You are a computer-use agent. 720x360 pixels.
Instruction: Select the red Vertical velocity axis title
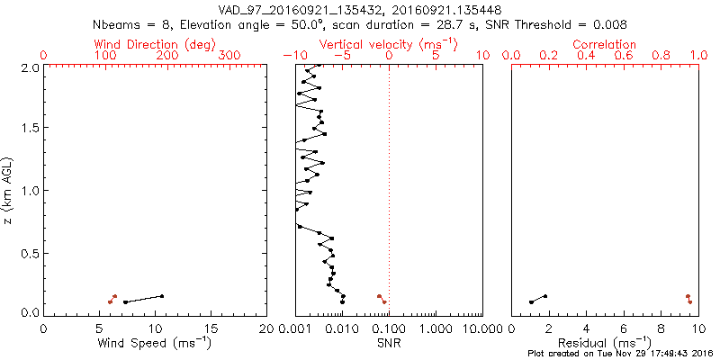[x=389, y=44]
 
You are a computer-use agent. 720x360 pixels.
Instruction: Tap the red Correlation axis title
[x=605, y=44]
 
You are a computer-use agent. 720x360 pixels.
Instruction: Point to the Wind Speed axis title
[x=155, y=343]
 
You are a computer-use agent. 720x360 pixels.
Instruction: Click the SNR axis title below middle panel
[x=389, y=343]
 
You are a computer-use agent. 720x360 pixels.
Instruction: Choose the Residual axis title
[x=605, y=343]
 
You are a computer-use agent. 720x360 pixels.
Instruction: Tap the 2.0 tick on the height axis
[x=29, y=67]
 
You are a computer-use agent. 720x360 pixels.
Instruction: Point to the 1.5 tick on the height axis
[x=29, y=129]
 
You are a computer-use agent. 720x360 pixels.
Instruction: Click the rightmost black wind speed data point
[x=162, y=296]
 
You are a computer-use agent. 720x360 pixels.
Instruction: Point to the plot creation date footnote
[x=620, y=354]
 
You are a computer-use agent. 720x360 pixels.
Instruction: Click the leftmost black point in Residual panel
[x=530, y=301]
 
